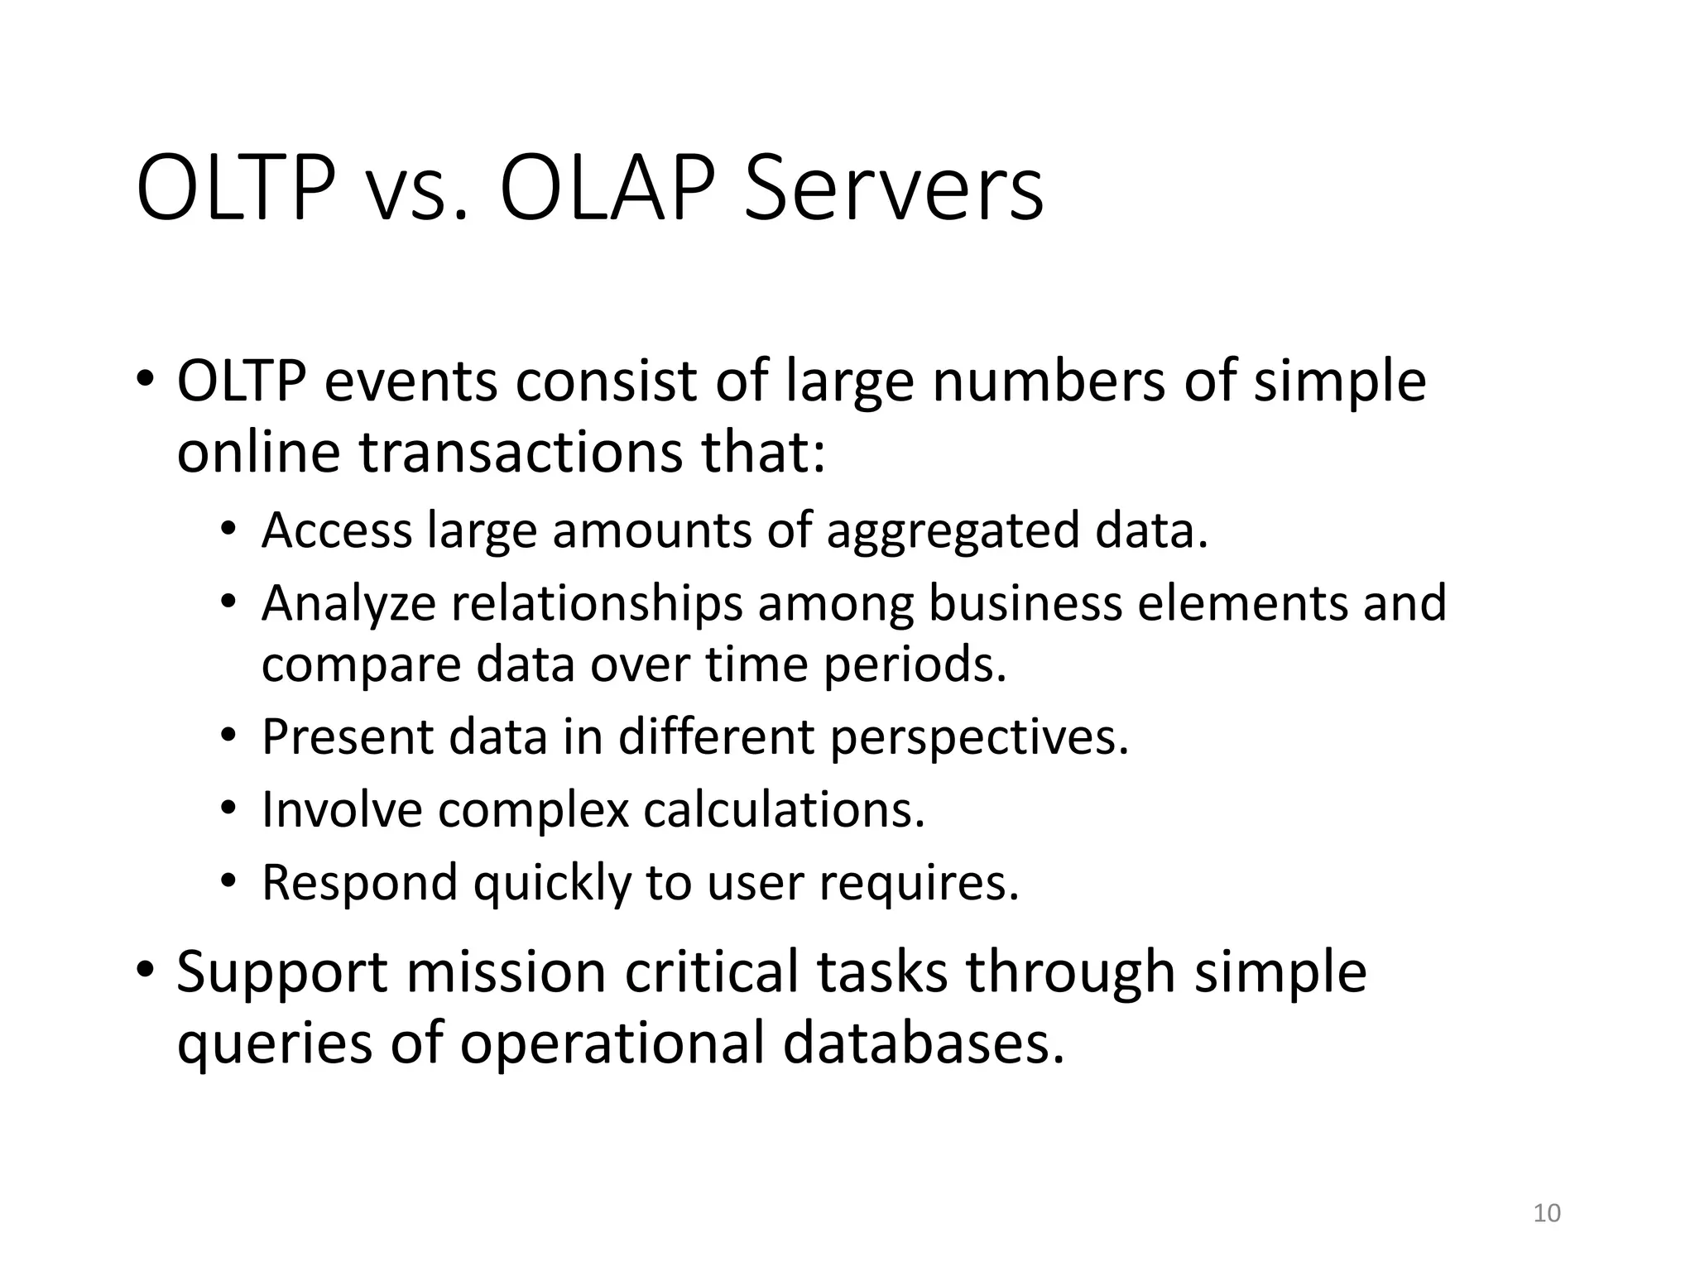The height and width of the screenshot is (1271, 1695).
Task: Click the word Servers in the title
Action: pyautogui.click(x=894, y=190)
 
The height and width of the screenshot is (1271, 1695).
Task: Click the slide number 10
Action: pyautogui.click(x=1547, y=1213)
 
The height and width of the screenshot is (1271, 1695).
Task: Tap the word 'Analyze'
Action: pyautogui.click(x=348, y=603)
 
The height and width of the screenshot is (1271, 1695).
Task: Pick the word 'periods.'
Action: pyautogui.click(x=915, y=664)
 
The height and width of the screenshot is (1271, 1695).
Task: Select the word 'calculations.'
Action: pyautogui.click(x=784, y=809)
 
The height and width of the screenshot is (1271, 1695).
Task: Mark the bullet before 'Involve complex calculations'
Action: pyautogui.click(x=228, y=807)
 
